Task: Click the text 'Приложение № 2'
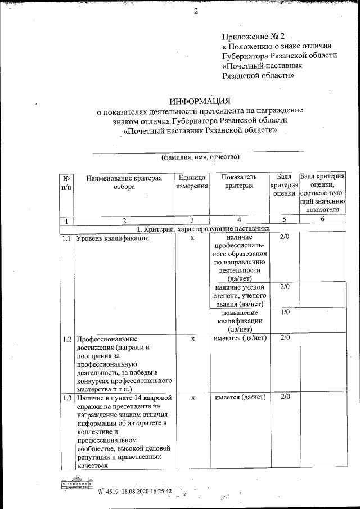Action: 254,35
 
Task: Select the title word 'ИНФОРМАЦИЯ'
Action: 200,101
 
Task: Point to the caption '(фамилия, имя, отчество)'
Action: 200,156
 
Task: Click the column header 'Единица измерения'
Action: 192,182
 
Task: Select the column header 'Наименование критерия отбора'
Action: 124,182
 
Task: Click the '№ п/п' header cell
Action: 66,182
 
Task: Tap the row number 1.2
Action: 66,339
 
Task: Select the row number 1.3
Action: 66,398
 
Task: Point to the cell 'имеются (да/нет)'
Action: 239,338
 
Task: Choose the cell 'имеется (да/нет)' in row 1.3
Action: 239,398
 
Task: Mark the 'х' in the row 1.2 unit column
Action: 192,338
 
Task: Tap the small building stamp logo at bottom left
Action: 76,484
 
